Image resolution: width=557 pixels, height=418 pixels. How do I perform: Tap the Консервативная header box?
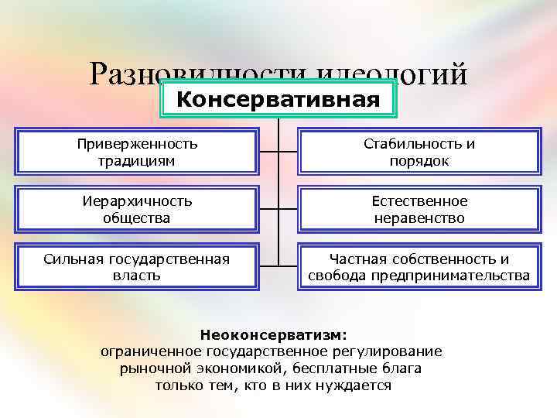tap(278, 100)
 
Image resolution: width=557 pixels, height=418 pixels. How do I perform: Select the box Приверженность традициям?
tap(137, 152)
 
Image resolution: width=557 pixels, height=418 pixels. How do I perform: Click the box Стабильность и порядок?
tap(419, 152)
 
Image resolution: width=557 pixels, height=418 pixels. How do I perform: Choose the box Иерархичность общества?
tap(137, 210)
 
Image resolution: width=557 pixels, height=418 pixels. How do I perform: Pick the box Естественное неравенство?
tap(419, 210)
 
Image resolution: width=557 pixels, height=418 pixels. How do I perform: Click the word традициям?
tap(137, 161)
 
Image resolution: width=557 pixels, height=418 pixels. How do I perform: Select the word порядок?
tap(419, 161)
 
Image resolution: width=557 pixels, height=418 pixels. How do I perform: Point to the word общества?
tap(137, 218)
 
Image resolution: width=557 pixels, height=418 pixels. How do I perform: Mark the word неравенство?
tap(419, 218)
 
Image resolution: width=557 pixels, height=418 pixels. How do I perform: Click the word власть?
tap(137, 276)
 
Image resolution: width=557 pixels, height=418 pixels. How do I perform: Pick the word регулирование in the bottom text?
tap(391, 351)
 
